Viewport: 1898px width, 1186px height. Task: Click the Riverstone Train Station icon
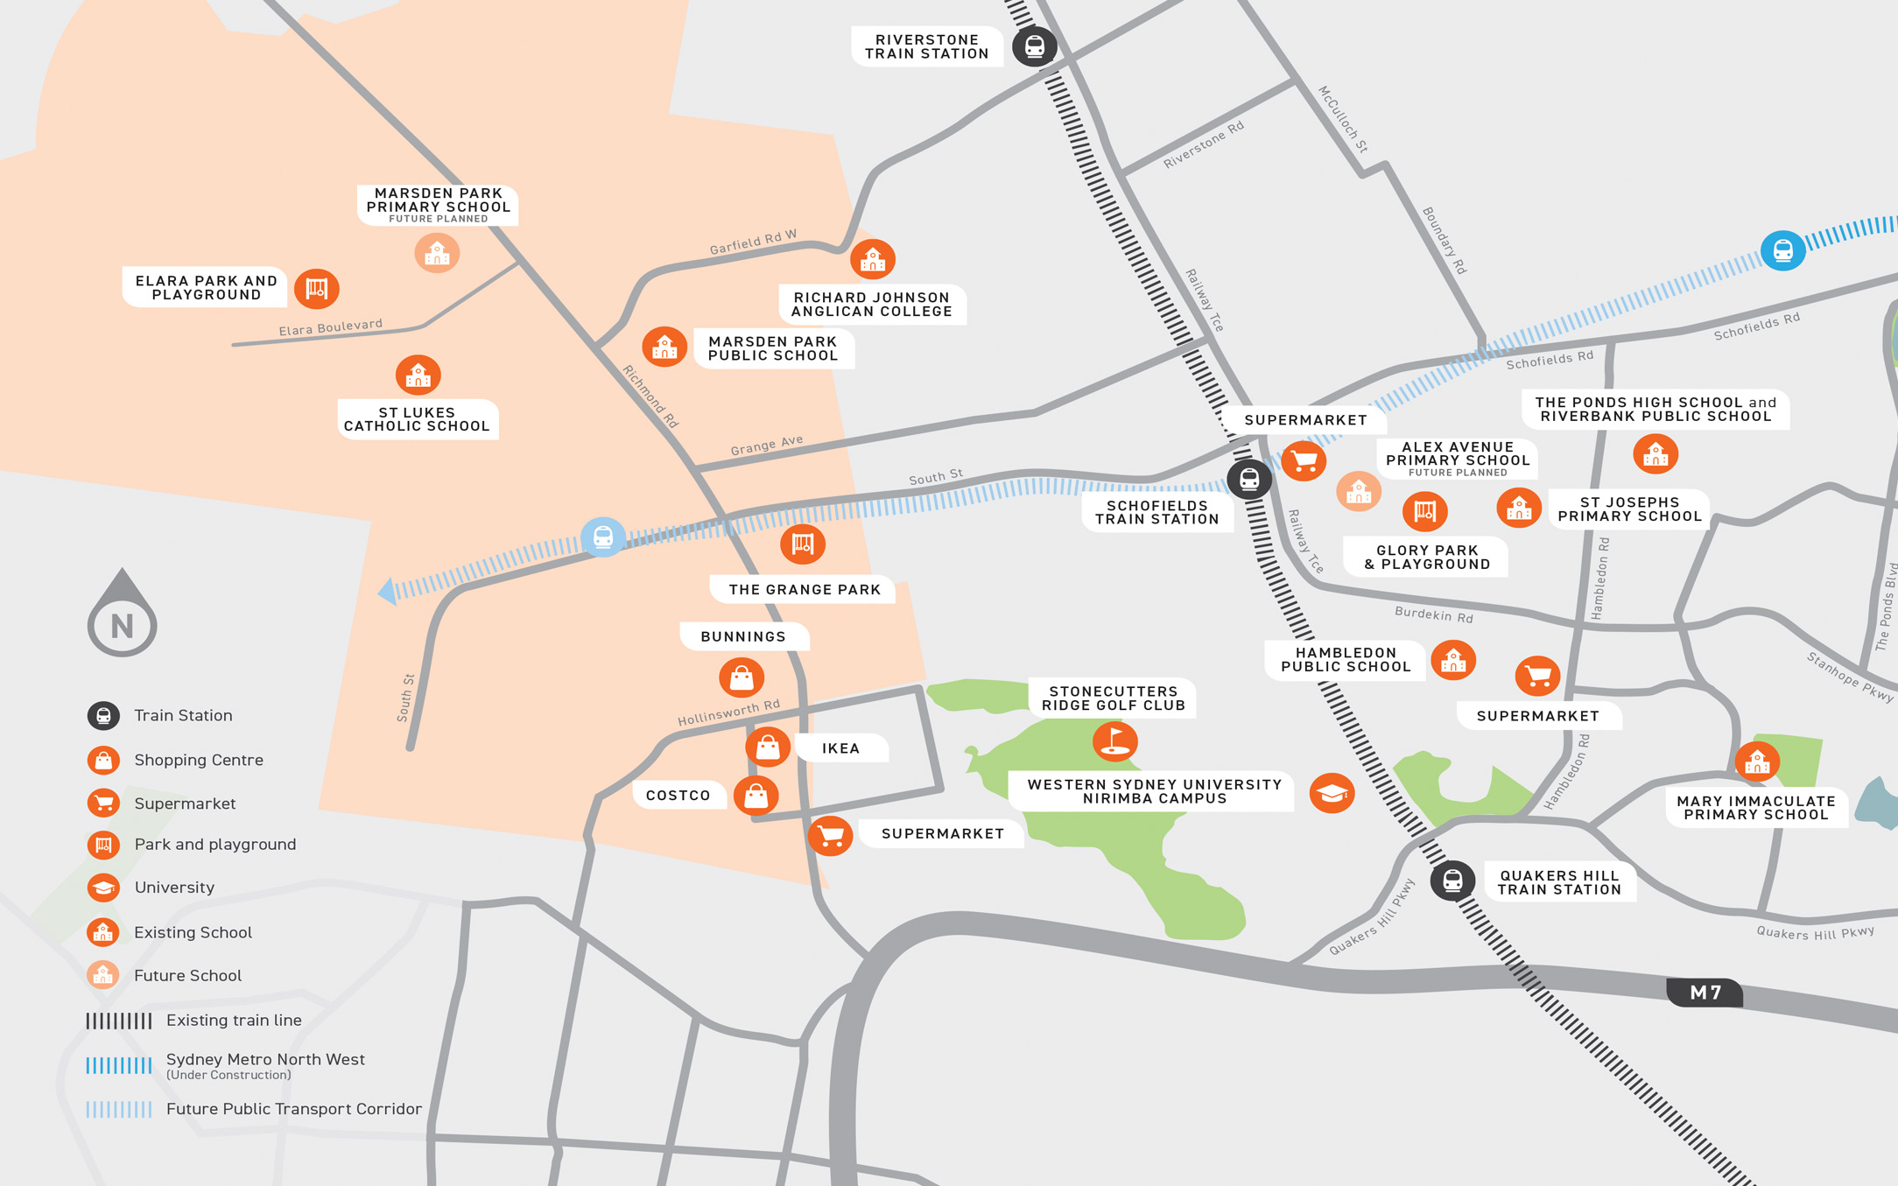[x=1034, y=46]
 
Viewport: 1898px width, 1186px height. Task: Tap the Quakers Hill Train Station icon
[x=1452, y=881]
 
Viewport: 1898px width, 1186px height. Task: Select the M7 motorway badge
[x=1705, y=993]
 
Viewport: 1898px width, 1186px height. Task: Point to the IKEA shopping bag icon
[x=768, y=747]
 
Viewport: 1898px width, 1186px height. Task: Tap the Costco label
[x=678, y=796]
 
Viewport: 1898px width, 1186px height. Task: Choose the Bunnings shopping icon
[x=742, y=677]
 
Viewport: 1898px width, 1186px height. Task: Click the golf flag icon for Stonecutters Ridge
[x=1114, y=741]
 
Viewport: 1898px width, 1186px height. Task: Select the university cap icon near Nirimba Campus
[x=1332, y=793]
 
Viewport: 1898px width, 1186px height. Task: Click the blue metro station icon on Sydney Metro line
[x=1782, y=251]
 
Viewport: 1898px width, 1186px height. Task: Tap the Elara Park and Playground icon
[x=316, y=289]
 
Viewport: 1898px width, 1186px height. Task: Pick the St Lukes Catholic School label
[x=417, y=419]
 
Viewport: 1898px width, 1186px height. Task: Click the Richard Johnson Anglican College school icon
[x=872, y=259]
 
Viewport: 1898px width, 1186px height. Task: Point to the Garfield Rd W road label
[x=753, y=242]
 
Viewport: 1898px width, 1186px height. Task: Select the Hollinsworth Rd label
[x=728, y=712]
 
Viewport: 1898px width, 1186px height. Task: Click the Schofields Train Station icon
[x=1249, y=479]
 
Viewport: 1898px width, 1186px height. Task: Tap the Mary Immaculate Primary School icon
[x=1756, y=762]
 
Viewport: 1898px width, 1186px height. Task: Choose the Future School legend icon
[x=103, y=975]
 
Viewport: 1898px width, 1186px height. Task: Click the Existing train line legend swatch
[x=119, y=1021]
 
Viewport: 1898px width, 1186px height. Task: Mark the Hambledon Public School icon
[x=1452, y=661]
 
